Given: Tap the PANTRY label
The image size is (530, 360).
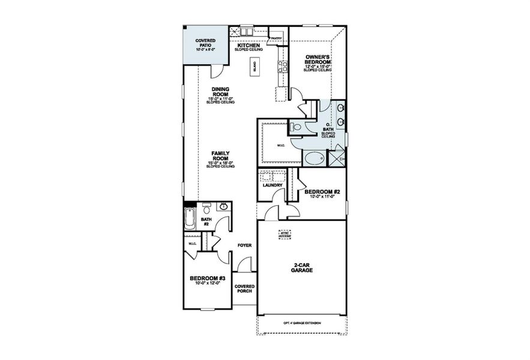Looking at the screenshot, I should [276, 38].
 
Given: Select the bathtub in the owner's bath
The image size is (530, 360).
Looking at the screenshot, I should [314, 159].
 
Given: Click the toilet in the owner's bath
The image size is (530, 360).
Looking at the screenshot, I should [295, 127].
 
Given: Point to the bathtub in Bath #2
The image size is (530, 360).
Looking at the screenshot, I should [189, 220].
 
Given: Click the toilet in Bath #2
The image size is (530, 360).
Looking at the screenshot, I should [206, 208].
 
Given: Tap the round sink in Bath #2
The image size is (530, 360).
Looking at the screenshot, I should [223, 207].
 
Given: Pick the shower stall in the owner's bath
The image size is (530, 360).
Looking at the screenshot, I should [336, 158].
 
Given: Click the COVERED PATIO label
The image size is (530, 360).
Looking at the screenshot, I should [206, 43].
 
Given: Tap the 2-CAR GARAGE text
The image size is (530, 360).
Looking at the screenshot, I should [303, 268].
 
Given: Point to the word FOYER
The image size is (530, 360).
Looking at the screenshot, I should [244, 245].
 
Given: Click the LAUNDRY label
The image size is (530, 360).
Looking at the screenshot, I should [273, 185].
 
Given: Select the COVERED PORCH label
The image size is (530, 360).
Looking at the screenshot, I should [244, 289].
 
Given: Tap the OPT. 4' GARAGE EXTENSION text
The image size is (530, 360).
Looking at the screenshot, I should [302, 323].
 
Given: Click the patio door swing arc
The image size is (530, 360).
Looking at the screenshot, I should [214, 71].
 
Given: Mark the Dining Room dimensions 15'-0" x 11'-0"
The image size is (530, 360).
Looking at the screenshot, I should [220, 98].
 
